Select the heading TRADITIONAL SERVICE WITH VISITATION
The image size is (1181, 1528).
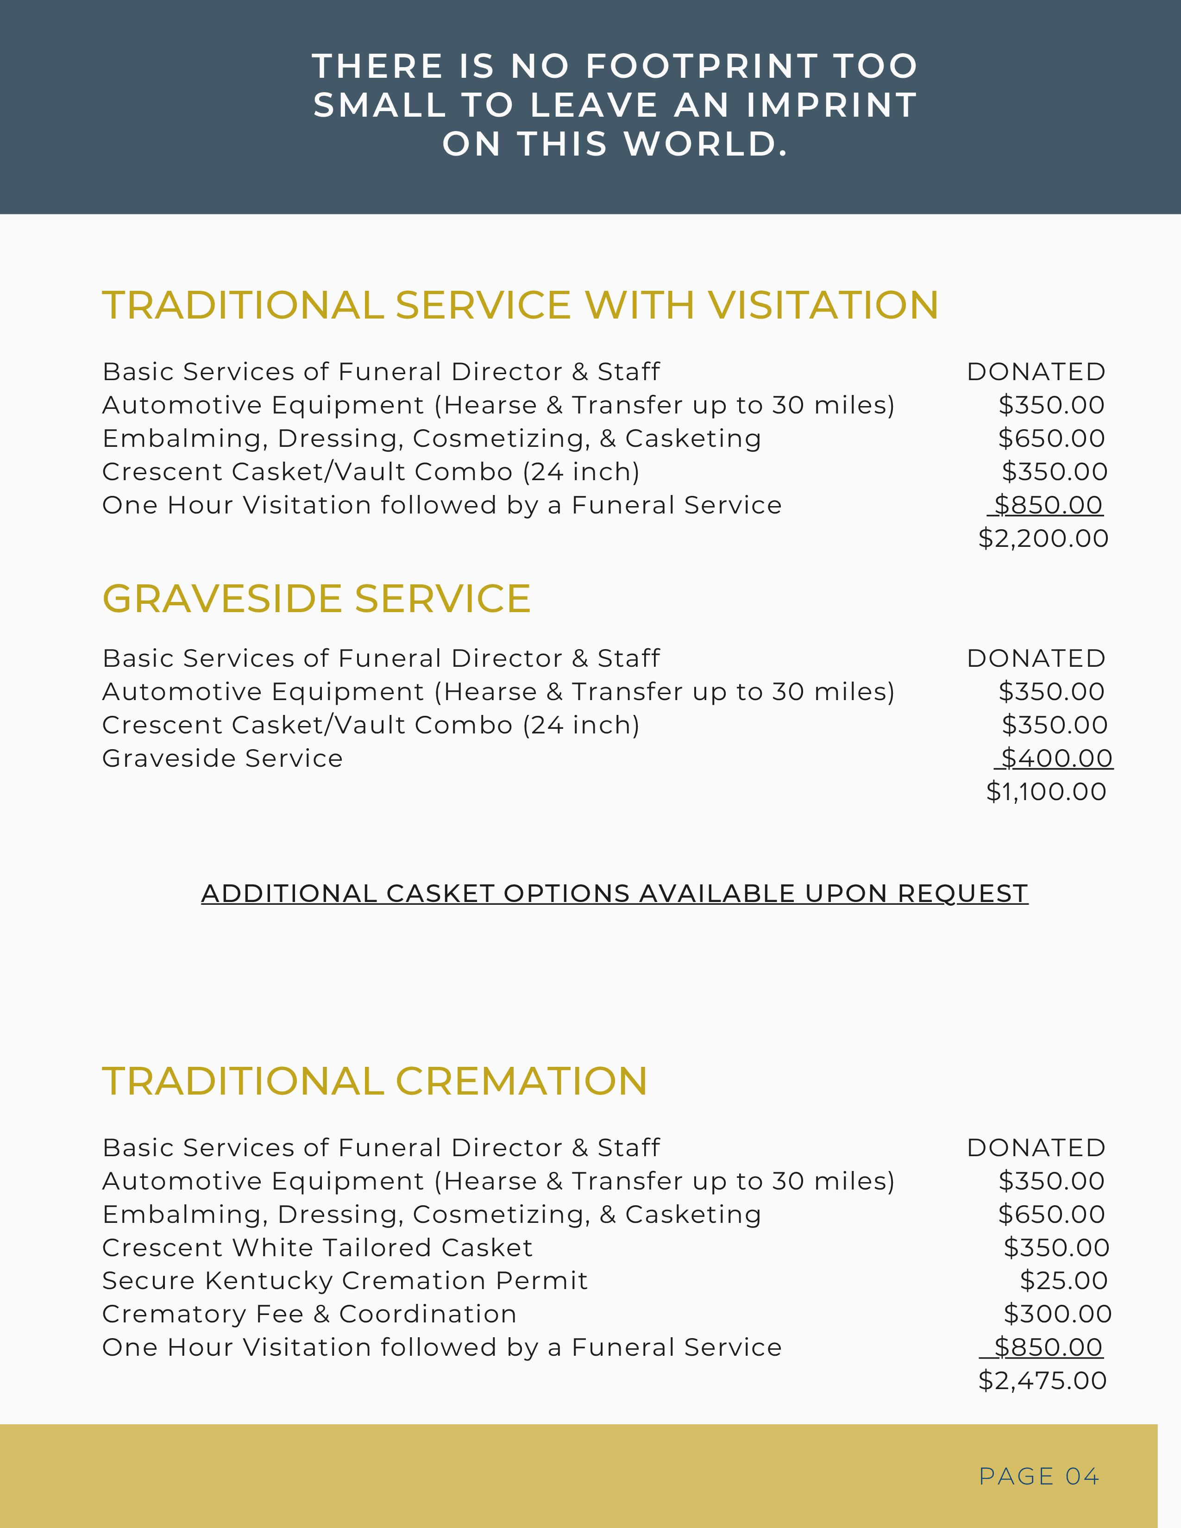520,305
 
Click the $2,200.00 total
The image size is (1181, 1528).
1043,539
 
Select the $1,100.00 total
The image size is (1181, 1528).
1046,792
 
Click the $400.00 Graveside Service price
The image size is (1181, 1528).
1056,758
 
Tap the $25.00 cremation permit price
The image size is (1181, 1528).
1063,1281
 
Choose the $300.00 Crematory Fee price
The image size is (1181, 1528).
1057,1315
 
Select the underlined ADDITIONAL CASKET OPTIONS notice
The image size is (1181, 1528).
614,894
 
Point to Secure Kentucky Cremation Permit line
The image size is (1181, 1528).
344,1281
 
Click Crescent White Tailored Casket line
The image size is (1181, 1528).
317,1248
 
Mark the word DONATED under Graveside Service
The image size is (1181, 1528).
1036,659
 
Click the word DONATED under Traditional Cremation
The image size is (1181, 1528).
1036,1148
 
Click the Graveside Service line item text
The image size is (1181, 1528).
222,759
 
